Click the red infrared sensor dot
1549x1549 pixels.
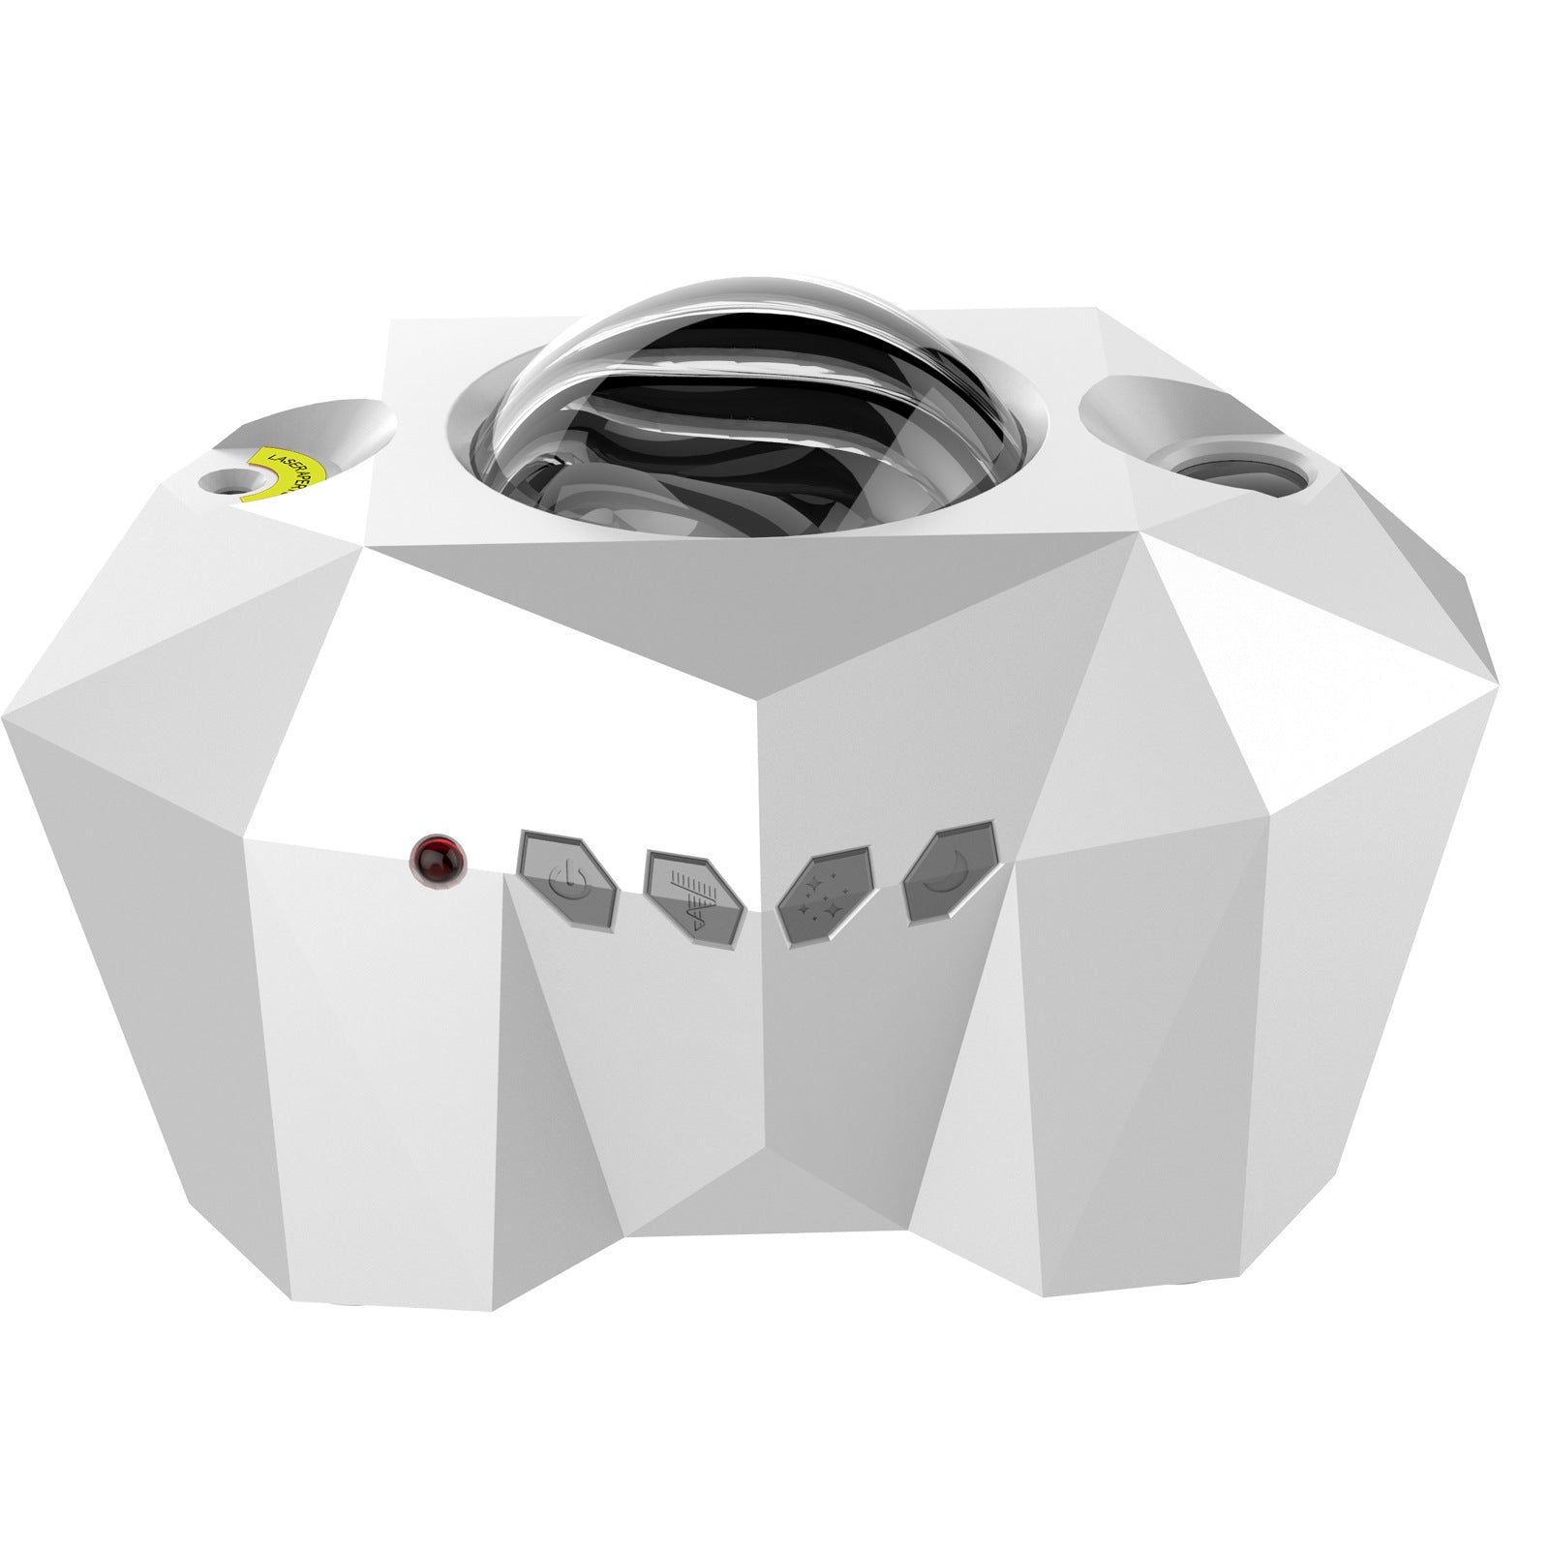pos(437,859)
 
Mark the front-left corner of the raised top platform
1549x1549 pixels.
pos(367,547)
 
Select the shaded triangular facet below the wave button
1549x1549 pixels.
pos(668,1065)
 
